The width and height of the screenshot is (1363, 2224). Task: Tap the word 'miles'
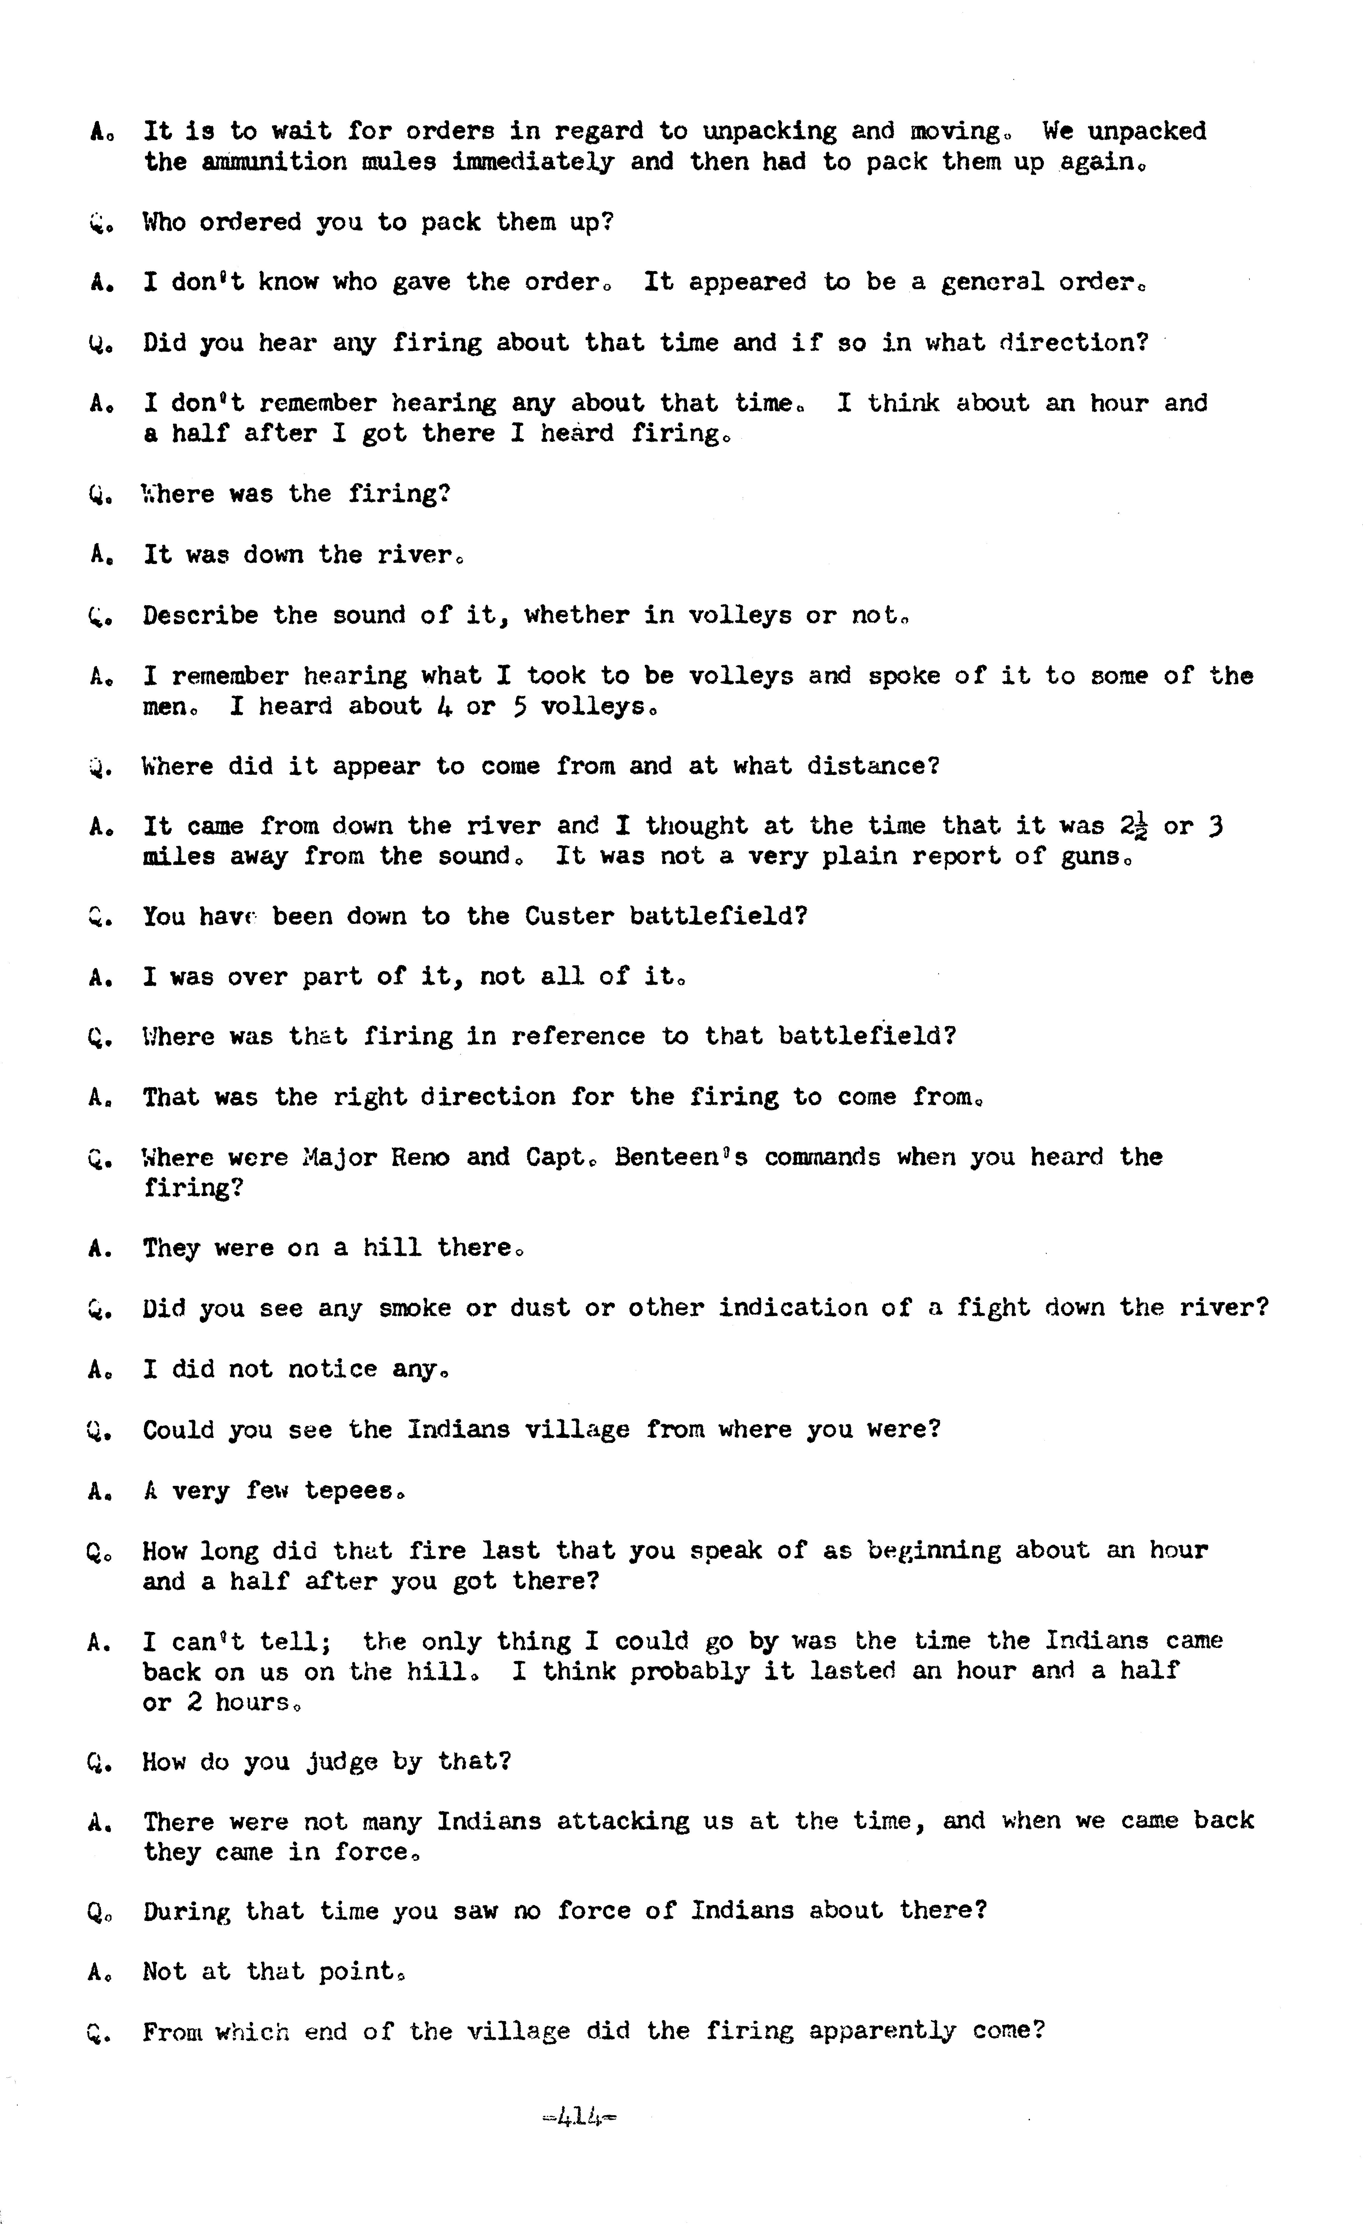178,857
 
